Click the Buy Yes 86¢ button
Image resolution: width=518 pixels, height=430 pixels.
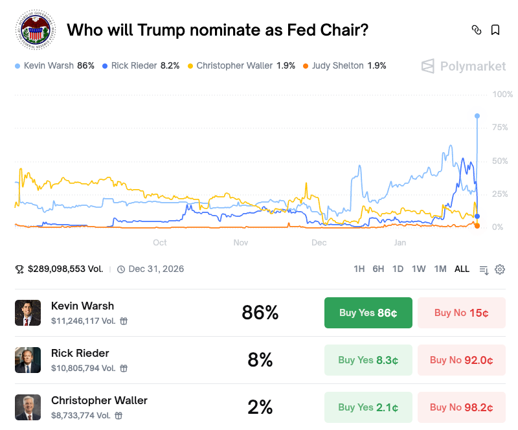368,313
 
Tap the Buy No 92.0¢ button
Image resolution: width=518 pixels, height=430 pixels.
461,360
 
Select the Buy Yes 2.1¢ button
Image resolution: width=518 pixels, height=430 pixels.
368,407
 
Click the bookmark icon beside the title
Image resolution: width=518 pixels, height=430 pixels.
495,30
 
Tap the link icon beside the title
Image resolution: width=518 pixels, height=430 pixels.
477,30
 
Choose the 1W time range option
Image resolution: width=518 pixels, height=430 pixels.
418,269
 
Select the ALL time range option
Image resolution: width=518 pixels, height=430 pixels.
462,269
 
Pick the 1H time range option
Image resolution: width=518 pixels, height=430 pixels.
359,269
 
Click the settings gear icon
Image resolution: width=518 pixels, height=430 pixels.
500,269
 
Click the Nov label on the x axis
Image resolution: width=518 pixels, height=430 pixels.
241,242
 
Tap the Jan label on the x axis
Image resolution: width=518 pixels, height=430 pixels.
400,242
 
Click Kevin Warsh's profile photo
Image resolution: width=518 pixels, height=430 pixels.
28,313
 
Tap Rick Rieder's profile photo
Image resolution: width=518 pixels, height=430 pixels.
28,360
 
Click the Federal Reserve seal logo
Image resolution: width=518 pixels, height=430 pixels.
36,30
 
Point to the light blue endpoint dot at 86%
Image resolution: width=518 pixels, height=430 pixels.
477,116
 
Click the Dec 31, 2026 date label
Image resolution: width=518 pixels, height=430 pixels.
155,269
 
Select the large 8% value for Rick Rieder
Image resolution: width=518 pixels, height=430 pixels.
260,360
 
